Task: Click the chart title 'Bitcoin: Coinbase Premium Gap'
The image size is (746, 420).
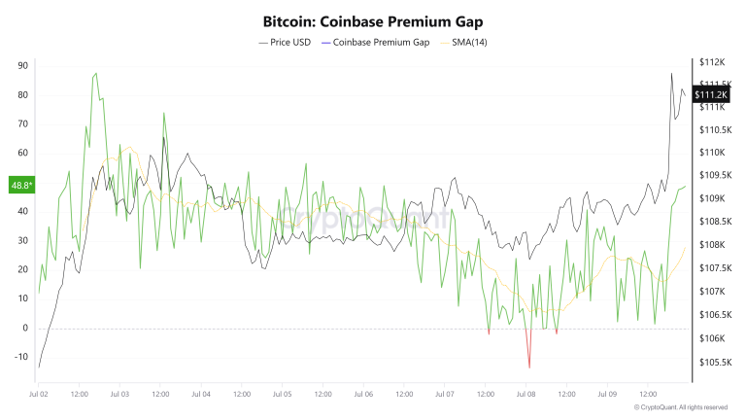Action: (373, 20)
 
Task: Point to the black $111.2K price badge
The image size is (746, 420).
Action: (712, 94)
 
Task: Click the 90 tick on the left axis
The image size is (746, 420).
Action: (22, 65)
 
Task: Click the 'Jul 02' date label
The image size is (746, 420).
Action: (38, 395)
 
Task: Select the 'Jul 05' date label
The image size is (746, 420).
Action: (282, 395)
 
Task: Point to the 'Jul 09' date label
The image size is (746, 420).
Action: (606, 395)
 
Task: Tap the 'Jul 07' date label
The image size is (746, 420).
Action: (444, 395)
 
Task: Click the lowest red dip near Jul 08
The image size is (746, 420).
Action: (529, 367)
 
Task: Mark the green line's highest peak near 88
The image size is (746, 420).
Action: (94, 73)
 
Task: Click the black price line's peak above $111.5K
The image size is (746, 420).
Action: (671, 74)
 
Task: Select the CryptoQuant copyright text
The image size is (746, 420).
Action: (680, 407)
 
